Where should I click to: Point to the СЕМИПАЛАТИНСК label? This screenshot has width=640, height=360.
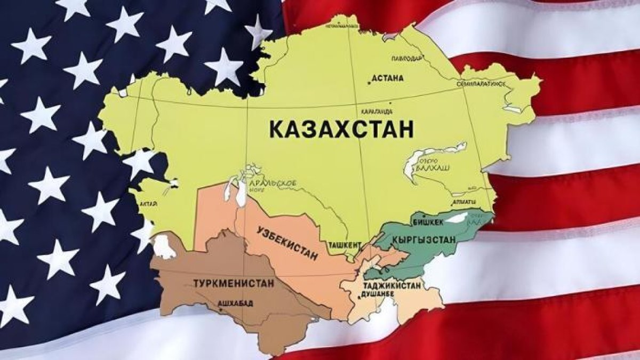click(481, 84)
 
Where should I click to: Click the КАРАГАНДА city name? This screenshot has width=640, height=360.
click(376, 111)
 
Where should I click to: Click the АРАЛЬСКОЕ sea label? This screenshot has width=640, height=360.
click(278, 183)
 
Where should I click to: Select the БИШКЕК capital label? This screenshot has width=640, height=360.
click(425, 221)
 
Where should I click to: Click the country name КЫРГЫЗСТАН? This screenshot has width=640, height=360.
click(423, 239)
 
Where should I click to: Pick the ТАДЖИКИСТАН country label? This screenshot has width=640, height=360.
click(393, 285)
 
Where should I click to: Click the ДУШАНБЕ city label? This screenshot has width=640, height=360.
click(380, 294)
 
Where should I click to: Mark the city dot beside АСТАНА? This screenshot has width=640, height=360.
click(369, 82)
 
